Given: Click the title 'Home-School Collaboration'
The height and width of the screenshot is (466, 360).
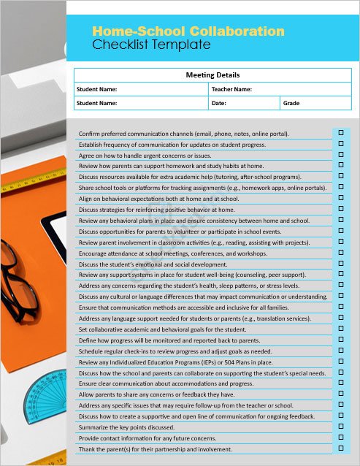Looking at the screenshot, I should (188, 31).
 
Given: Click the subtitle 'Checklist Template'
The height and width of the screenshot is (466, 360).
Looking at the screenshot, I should (151, 45).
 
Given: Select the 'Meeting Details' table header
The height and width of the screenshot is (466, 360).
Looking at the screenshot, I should (212, 75).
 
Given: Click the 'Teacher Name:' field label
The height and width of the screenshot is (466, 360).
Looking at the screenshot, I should (231, 89).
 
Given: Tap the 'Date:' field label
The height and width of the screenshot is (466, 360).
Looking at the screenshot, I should (218, 103).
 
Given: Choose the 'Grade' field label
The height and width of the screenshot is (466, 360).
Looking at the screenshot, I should (291, 103).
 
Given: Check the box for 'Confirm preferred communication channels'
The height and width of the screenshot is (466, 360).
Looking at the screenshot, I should (340, 133).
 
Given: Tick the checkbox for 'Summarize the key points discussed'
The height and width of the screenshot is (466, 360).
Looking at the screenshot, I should (340, 426).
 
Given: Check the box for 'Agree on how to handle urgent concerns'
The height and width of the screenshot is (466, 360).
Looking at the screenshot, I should (340, 154).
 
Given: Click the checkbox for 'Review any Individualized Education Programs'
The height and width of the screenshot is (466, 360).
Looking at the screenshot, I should (340, 361).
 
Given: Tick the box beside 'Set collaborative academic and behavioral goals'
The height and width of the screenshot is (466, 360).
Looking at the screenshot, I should (340, 329).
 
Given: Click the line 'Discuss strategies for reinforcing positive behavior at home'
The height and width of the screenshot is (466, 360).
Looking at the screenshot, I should (156, 210).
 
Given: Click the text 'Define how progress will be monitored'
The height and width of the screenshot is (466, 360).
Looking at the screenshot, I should (169, 340).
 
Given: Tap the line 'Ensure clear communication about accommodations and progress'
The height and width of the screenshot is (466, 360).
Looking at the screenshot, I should (166, 383).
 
